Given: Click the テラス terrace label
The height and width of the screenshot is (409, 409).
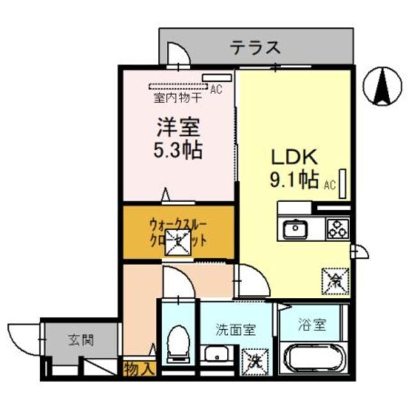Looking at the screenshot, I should point(256,46).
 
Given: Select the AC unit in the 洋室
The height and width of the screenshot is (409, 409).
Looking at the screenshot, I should point(210,79).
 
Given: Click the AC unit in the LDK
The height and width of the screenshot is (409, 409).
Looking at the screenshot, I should point(344,184).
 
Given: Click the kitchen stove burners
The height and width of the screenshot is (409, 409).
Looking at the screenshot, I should point(337,229).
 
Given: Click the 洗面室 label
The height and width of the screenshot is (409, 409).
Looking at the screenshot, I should point(235,330).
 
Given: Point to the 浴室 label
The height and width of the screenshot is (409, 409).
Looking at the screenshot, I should point(312,324).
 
